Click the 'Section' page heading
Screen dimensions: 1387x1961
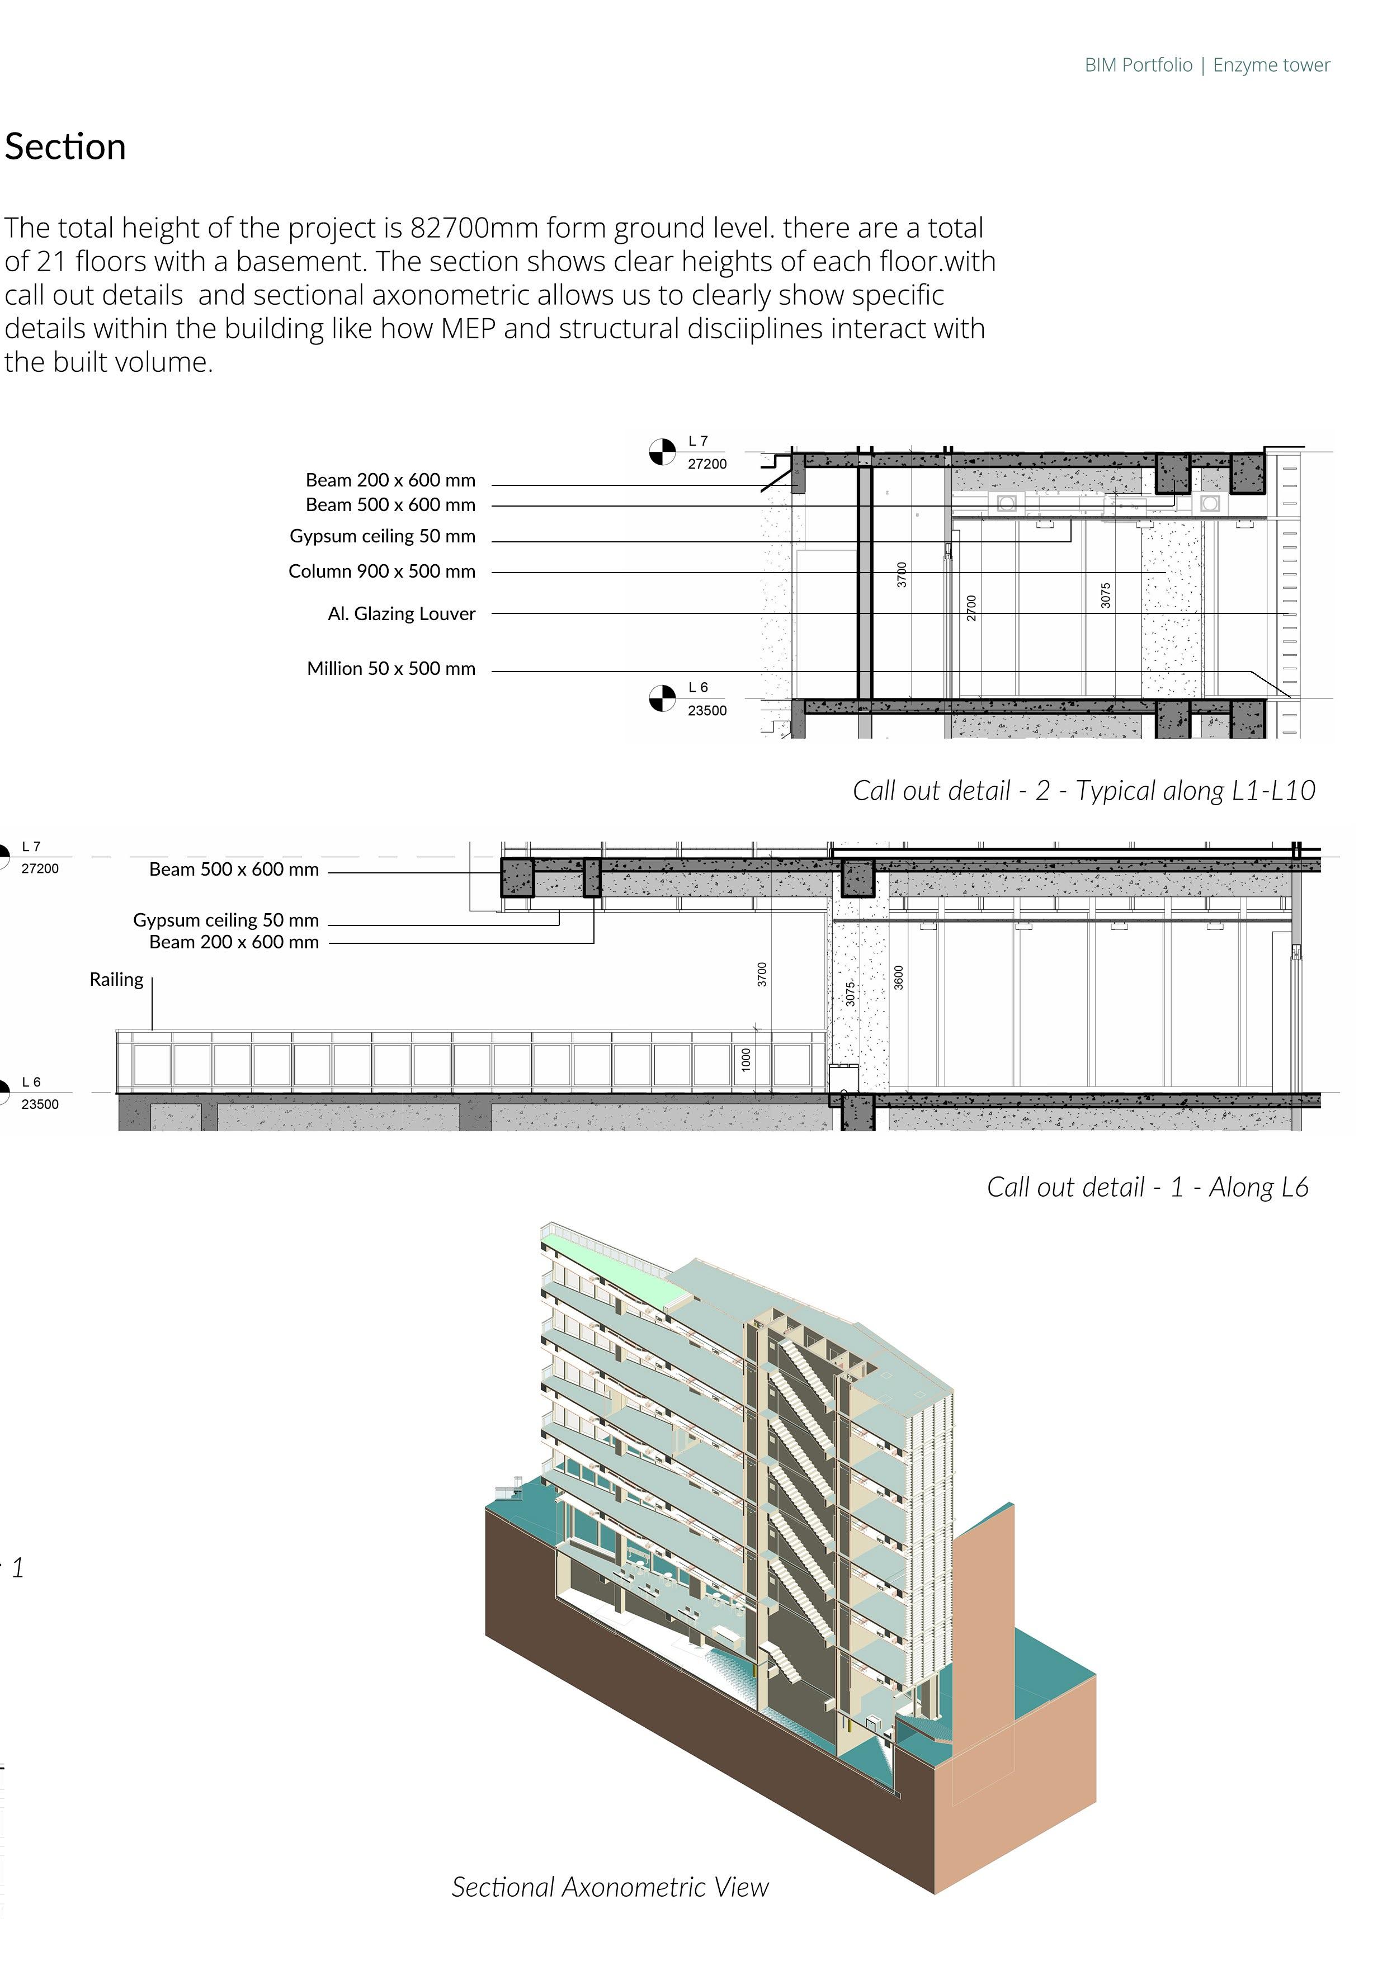coord(66,147)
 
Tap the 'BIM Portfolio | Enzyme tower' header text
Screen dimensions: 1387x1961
coord(1207,65)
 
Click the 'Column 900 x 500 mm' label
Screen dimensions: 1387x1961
coord(382,571)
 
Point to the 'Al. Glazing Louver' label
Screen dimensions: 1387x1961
coord(402,614)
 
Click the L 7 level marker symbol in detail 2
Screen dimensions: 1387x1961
coord(662,452)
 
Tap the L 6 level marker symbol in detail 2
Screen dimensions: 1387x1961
coord(662,698)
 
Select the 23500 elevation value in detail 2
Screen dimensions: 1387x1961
coord(707,711)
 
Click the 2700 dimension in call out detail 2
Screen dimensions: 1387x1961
coord(971,608)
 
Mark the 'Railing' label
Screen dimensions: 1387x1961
coord(116,980)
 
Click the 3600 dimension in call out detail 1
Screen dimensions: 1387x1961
coord(899,978)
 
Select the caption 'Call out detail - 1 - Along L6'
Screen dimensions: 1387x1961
coord(1147,1187)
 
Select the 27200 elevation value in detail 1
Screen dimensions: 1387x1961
coord(40,868)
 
